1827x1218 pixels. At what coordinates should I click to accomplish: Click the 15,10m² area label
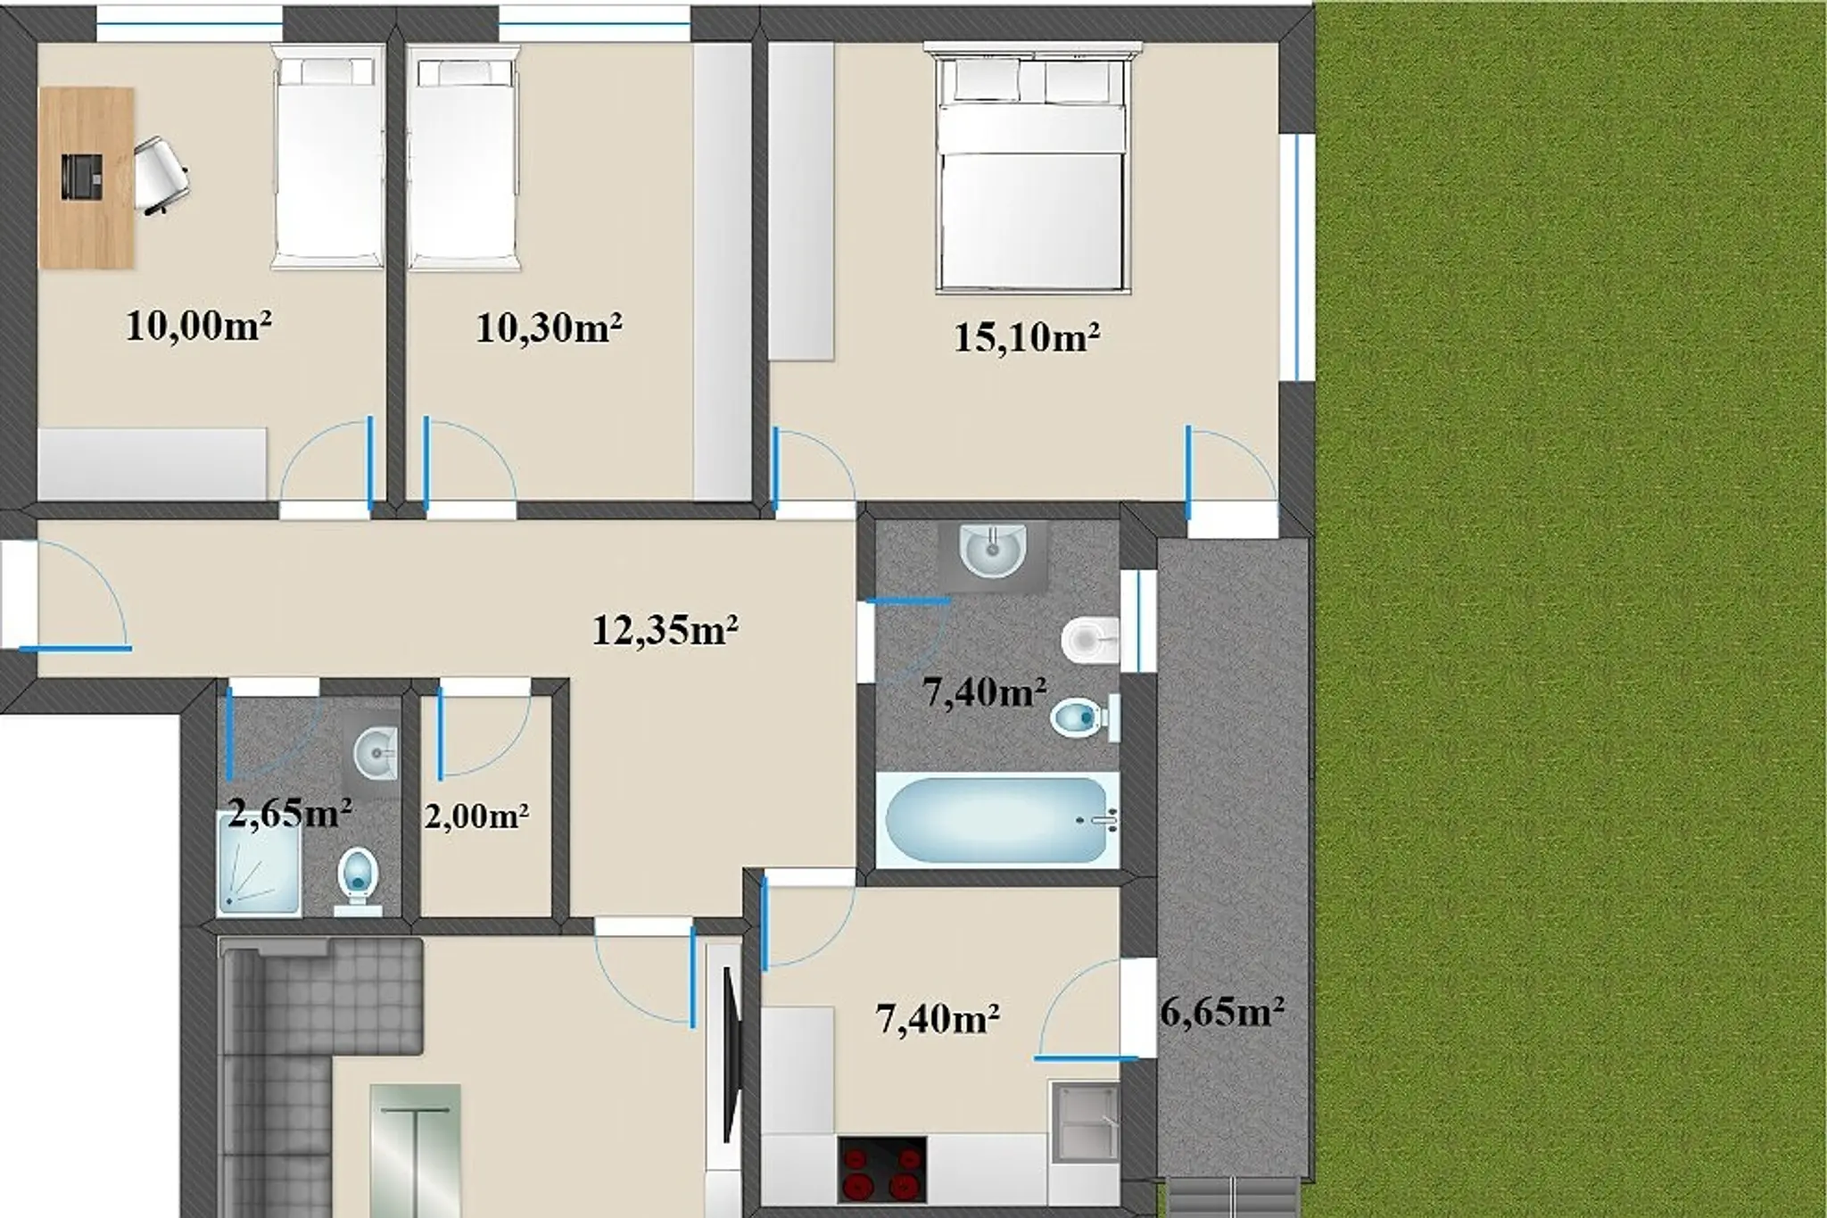pyautogui.click(x=1026, y=338)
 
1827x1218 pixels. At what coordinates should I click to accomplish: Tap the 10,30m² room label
pyautogui.click(x=549, y=328)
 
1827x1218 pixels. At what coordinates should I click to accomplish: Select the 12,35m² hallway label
pyautogui.click(x=665, y=631)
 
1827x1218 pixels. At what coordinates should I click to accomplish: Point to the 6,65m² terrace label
pyautogui.click(x=1222, y=1013)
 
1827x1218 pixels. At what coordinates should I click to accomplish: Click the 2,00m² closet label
pyautogui.click(x=476, y=816)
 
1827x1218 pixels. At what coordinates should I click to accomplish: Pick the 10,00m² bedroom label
pyautogui.click(x=198, y=327)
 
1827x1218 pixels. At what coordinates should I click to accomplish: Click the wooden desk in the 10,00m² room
pyautogui.click(x=87, y=178)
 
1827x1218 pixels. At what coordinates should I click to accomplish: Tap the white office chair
pyautogui.click(x=161, y=176)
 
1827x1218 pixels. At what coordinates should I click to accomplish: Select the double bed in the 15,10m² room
pyautogui.click(x=1033, y=168)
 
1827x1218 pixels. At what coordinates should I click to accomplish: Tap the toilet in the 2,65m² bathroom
pyautogui.click(x=359, y=882)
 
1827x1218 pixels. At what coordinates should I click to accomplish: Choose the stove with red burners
pyautogui.click(x=882, y=1168)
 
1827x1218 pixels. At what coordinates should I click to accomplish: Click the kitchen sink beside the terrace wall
pyautogui.click(x=1085, y=1122)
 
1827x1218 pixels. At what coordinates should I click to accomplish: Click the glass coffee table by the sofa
pyautogui.click(x=415, y=1150)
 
